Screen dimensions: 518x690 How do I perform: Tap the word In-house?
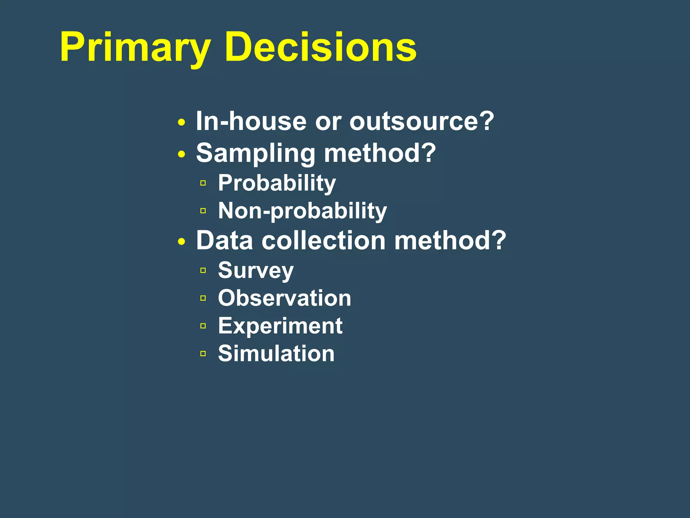251,121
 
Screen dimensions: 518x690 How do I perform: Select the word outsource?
421,121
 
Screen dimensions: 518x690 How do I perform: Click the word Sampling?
255,153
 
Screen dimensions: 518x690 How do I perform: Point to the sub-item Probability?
277,183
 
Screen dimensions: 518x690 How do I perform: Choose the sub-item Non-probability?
302,211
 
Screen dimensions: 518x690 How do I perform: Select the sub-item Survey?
256,270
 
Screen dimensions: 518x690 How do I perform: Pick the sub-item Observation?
284,298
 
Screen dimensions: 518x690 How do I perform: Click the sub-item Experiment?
280,326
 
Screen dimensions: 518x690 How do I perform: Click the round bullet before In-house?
182,122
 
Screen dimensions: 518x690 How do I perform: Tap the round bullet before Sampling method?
182,154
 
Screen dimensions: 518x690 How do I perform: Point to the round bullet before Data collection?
182,241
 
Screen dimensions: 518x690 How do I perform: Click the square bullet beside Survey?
203,270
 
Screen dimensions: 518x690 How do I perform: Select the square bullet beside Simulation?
203,353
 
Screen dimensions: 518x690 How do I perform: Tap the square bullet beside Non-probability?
203,211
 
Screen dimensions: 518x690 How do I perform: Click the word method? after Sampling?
380,153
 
